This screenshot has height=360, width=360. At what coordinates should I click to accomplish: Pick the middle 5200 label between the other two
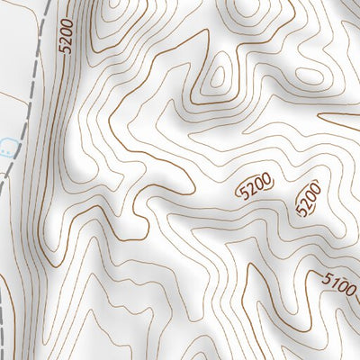[255, 186]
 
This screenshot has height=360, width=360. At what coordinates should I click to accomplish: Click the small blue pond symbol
[7, 144]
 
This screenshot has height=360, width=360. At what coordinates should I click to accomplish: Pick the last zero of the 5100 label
[351, 294]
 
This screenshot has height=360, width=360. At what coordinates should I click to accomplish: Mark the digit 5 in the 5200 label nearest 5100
[301, 211]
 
